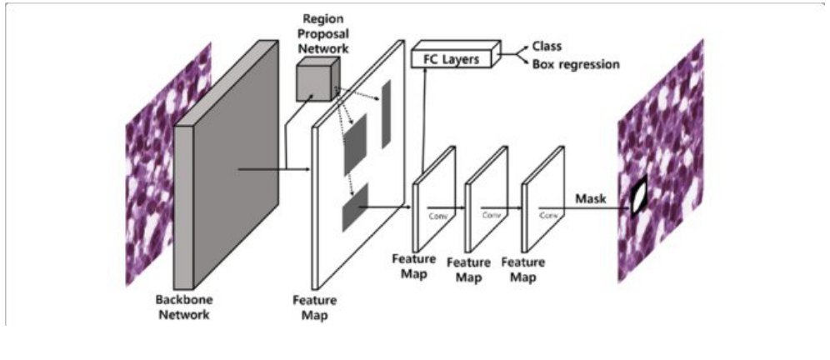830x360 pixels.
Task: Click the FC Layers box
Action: click(454, 58)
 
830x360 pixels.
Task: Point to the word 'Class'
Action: click(548, 47)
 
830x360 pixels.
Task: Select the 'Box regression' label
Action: click(575, 64)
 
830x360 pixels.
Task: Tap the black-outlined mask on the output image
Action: click(639, 198)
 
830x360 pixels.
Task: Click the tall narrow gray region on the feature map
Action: click(386, 114)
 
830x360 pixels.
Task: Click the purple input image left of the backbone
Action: click(148, 167)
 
